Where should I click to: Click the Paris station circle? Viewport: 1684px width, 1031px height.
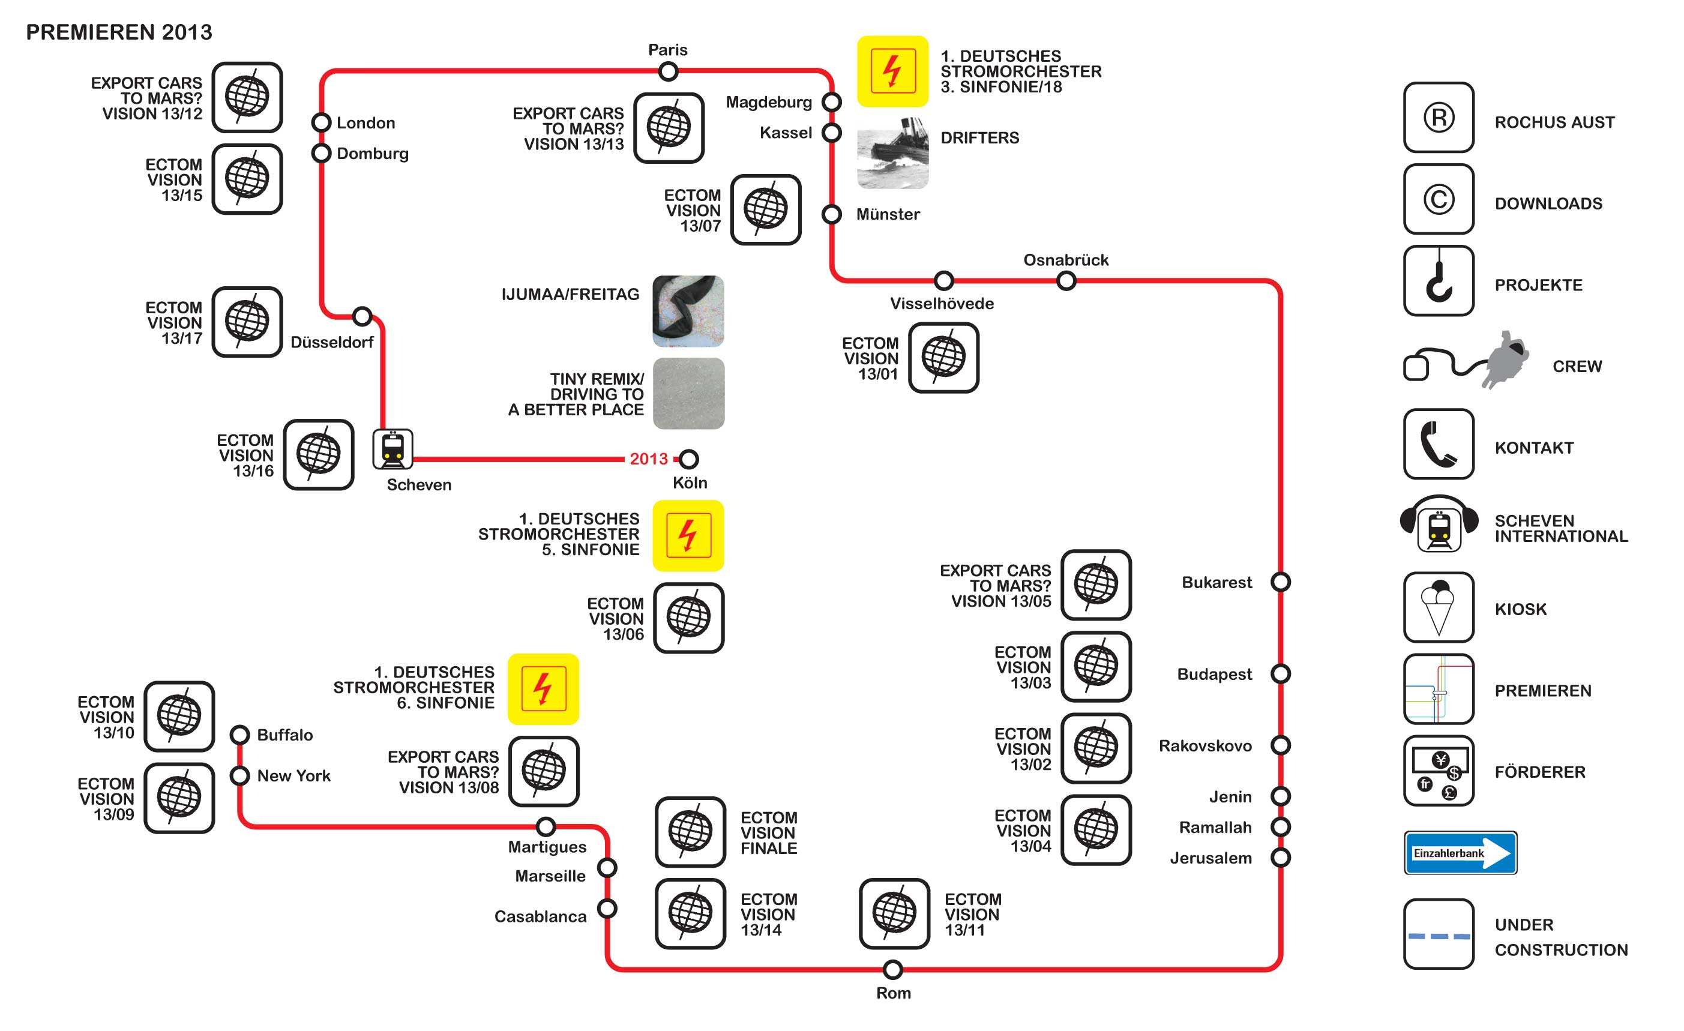click(668, 71)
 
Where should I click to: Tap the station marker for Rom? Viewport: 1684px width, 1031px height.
click(892, 969)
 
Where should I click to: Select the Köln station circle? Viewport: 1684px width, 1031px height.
click(689, 458)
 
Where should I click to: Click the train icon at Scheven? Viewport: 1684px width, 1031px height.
click(392, 449)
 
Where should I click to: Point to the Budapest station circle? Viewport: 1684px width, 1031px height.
click(1280, 674)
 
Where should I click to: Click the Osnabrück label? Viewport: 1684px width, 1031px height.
click(1065, 260)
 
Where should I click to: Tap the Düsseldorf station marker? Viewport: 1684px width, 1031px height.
click(362, 316)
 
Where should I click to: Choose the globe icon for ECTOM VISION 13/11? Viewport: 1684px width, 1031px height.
click(894, 913)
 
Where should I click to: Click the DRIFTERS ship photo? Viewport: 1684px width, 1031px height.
click(892, 153)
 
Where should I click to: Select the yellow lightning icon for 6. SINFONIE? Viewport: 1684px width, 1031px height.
click(543, 689)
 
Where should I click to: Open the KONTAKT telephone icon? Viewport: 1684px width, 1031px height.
click(1438, 443)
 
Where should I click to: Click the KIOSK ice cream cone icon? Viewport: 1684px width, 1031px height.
click(1438, 607)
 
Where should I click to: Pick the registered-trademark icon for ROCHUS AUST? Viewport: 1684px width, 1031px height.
click(1438, 118)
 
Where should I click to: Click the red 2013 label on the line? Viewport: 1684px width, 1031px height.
click(648, 458)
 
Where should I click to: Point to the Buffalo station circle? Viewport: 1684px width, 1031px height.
click(239, 735)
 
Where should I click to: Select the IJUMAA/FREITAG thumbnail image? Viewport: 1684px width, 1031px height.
click(688, 311)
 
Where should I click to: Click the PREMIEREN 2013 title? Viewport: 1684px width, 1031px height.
click(119, 32)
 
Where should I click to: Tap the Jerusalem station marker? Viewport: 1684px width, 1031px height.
click(1280, 857)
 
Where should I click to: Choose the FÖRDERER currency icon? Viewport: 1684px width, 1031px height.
click(1438, 770)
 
